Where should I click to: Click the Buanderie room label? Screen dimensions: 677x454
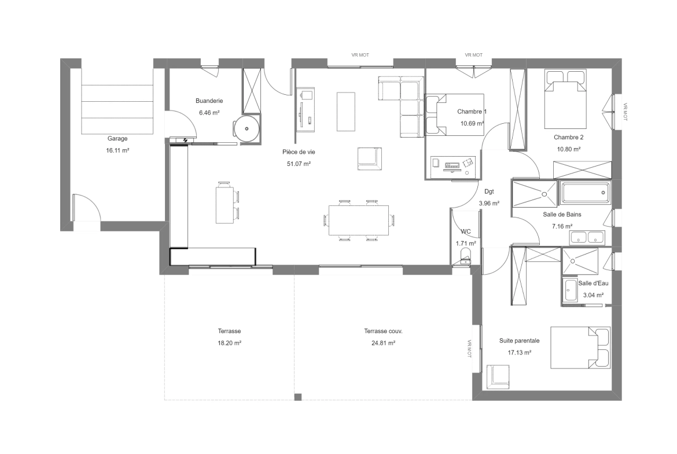pyautogui.click(x=209, y=101)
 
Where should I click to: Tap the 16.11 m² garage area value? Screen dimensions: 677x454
pyautogui.click(x=117, y=150)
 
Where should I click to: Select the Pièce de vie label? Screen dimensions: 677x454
pyautogui.click(x=299, y=152)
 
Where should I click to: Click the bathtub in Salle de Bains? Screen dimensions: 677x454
pyautogui.click(x=585, y=193)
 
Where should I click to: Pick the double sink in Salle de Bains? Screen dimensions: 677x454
pyautogui.click(x=587, y=237)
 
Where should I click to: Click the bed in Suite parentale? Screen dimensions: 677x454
pyautogui.click(x=580, y=348)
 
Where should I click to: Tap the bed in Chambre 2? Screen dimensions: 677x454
pyautogui.click(x=565, y=99)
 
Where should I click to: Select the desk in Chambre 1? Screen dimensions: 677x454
pyautogui.click(x=453, y=167)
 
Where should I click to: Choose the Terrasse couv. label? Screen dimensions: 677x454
pyautogui.click(x=383, y=331)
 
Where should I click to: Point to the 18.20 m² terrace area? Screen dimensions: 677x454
pyautogui.click(x=229, y=344)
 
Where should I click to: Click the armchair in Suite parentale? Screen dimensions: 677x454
pyautogui.click(x=498, y=376)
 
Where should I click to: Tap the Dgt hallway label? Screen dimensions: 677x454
pyautogui.click(x=489, y=191)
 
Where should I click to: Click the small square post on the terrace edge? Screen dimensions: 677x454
pyautogui.click(x=298, y=397)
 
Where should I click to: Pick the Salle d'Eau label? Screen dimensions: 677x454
pyautogui.click(x=593, y=283)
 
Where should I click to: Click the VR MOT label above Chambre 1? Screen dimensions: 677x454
pyautogui.click(x=474, y=56)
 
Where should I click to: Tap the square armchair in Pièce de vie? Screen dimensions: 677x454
pyautogui.click(x=370, y=158)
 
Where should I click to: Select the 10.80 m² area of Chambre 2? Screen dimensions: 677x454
pyautogui.click(x=569, y=149)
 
